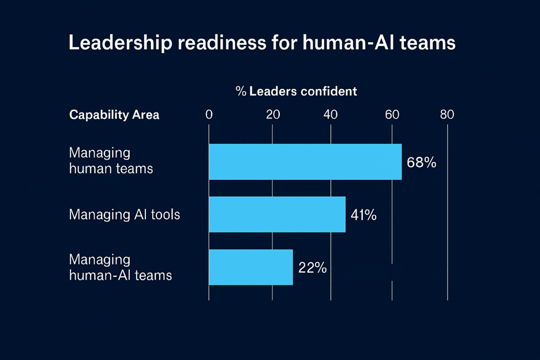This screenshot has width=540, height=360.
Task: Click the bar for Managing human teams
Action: pyautogui.click(x=305, y=162)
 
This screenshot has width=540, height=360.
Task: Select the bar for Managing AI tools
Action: pyautogui.click(x=277, y=215)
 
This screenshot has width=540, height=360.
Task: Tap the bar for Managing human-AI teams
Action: pyautogui.click(x=250, y=267)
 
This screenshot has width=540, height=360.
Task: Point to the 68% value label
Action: pyautogui.click(x=421, y=162)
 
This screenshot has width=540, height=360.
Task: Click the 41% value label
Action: pyautogui.click(x=363, y=215)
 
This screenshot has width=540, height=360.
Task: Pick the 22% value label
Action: pyautogui.click(x=313, y=268)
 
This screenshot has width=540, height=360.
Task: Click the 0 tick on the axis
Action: pyautogui.click(x=209, y=115)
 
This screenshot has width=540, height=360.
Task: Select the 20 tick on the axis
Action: pyautogui.click(x=272, y=115)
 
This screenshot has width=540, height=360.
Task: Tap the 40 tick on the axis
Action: pyautogui.click(x=331, y=115)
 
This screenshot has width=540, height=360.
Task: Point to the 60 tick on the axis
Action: pyautogui.click(x=392, y=115)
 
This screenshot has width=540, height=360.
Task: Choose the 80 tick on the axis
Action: pyautogui.click(x=447, y=115)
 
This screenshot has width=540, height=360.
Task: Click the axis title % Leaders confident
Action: pyautogui.click(x=296, y=91)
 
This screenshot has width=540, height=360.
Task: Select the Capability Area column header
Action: pyautogui.click(x=114, y=115)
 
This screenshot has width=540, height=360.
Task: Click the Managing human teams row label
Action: pyautogui.click(x=111, y=161)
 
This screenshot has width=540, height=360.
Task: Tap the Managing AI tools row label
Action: pyautogui.click(x=125, y=215)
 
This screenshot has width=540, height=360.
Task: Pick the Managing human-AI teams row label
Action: pyautogui.click(x=120, y=267)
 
